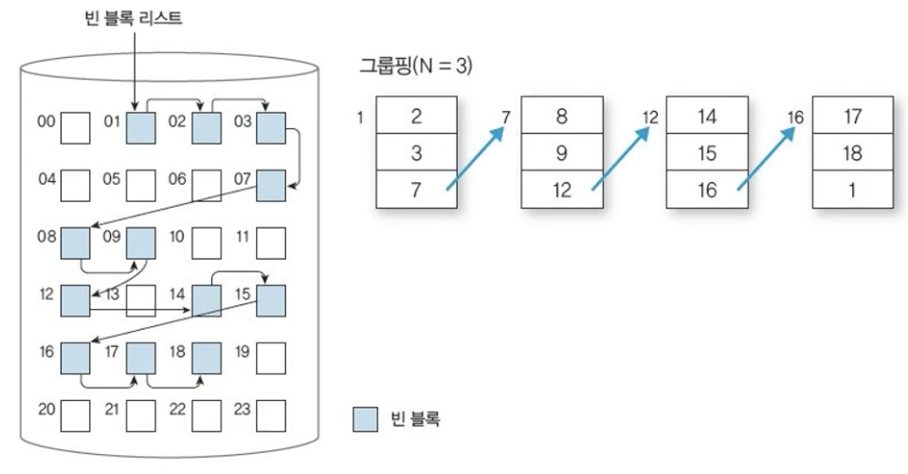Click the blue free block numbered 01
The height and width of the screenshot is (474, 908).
(141, 127)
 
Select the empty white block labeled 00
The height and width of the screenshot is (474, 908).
(75, 127)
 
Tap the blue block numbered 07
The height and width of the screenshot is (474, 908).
(271, 185)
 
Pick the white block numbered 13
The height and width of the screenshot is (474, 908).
(141, 301)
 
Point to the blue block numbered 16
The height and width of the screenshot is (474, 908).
(75, 358)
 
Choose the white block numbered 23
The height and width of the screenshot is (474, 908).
(271, 415)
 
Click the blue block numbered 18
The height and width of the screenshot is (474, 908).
(206, 358)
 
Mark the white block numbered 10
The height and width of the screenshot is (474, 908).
(206, 243)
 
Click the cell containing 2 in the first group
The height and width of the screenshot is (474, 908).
(416, 117)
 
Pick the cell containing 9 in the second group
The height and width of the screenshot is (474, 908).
(561, 153)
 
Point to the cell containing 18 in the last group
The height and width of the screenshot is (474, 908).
(851, 153)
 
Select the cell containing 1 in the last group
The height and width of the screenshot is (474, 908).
(851, 190)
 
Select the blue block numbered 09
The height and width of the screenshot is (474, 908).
(141, 243)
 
